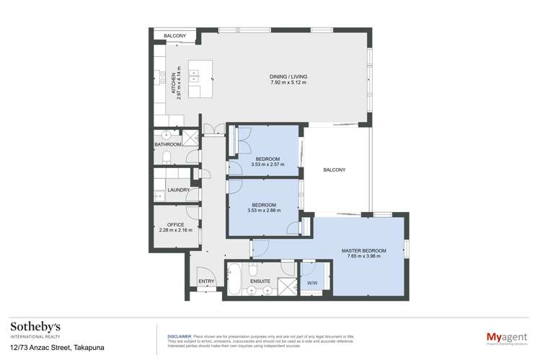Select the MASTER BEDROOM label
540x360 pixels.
(x=363, y=251)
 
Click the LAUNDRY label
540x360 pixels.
(x=177, y=190)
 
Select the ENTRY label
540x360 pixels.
(x=206, y=281)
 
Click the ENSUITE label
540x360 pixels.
(x=260, y=281)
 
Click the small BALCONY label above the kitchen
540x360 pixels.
(x=174, y=35)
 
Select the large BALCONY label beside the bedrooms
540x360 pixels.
(x=334, y=170)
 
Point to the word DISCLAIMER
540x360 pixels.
(x=179, y=336)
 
